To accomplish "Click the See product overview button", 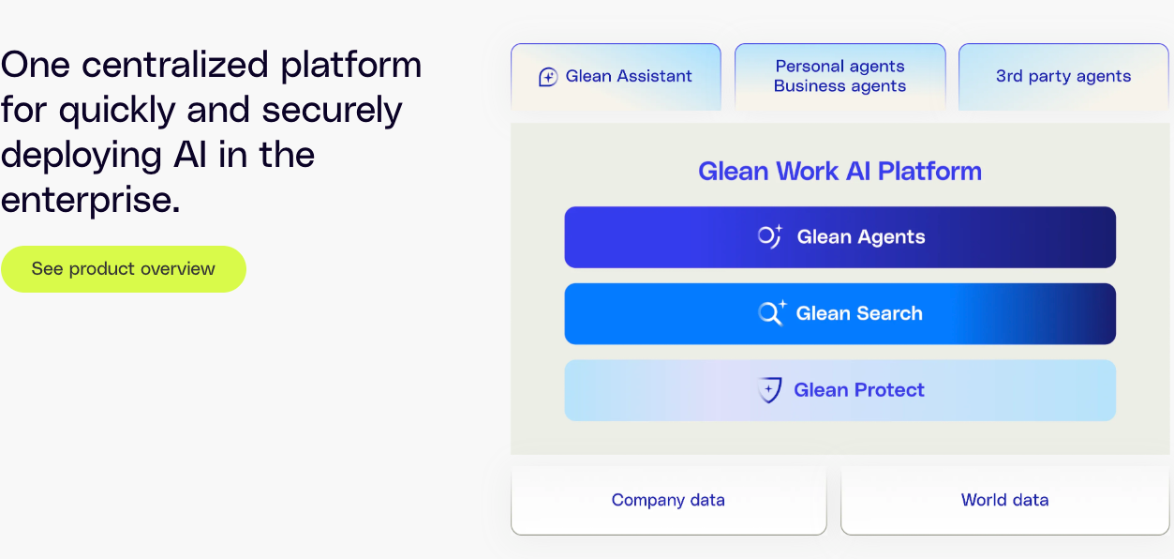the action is pyautogui.click(x=124, y=269).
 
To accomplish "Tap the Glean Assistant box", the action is pyautogui.click(x=616, y=77).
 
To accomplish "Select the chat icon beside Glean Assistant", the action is pyautogui.click(x=548, y=77).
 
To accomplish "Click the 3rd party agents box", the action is pyautogui.click(x=1063, y=77).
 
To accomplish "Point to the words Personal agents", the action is pyautogui.click(x=840, y=67).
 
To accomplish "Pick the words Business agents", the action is pyautogui.click(x=840, y=85).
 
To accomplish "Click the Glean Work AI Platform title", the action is pyautogui.click(x=840, y=171).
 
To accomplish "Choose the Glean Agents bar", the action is pyautogui.click(x=840, y=237).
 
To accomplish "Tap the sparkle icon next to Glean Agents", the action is pyautogui.click(x=770, y=236).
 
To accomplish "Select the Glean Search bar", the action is pyautogui.click(x=840, y=314).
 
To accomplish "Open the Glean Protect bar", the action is pyautogui.click(x=840, y=390).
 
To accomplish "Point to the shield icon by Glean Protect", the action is pyautogui.click(x=769, y=390).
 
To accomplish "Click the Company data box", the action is pyautogui.click(x=668, y=501).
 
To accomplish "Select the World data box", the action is pyautogui.click(x=1004, y=501).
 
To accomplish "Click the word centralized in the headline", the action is pyautogui.click(x=175, y=65).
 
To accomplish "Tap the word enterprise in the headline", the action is pyautogui.click(x=90, y=202).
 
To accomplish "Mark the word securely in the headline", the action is pyautogui.click(x=332, y=111).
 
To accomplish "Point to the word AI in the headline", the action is pyautogui.click(x=189, y=155).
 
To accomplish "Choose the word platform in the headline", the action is pyautogui.click(x=351, y=66).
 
